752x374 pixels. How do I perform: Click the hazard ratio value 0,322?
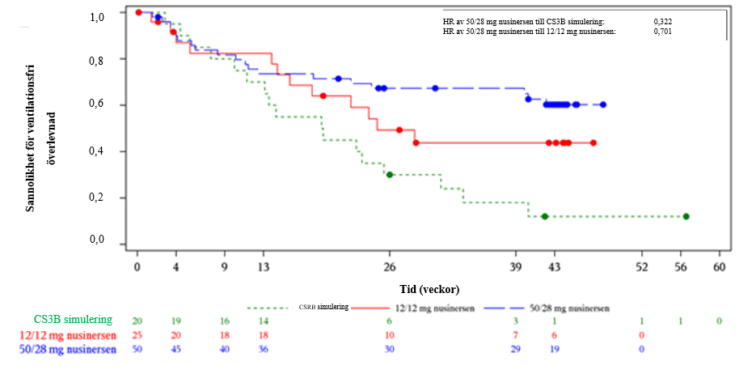pos(662,22)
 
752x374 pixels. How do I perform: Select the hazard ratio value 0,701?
pos(662,31)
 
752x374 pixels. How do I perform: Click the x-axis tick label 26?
pos(389,266)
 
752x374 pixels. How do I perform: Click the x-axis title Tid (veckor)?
pos(429,287)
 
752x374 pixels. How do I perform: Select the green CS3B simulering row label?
pos(73,321)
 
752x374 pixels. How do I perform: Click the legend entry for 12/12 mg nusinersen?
pos(429,308)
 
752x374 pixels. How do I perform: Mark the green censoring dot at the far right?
pos(686,216)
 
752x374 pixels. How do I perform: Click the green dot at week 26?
pos(390,174)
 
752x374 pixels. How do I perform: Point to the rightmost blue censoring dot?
pos(603,104)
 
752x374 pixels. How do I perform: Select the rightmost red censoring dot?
pos(594,142)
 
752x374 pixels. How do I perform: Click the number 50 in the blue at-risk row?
pos(137,350)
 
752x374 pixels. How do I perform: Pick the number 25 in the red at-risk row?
pos(137,335)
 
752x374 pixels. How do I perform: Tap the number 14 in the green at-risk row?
pos(264,321)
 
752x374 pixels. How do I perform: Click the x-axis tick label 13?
pos(264,266)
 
